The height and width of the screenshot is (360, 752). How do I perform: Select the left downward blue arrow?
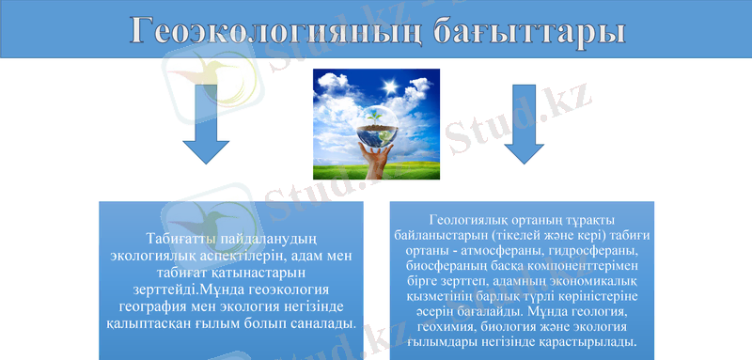[206, 123]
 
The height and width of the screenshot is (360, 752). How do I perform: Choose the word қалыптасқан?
[152, 322]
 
